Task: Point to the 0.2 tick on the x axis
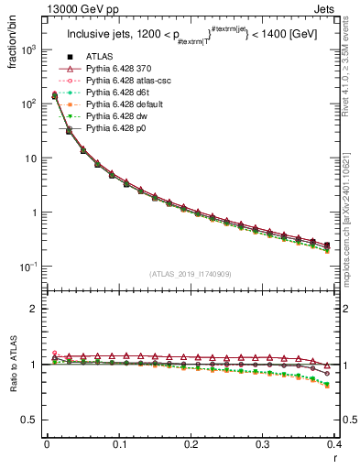pos(191,443)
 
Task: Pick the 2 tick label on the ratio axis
pos(33,309)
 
